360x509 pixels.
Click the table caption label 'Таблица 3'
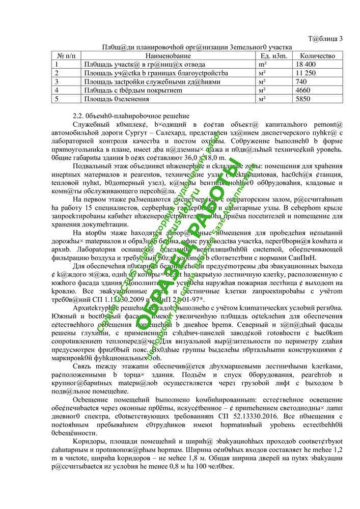click(x=326, y=39)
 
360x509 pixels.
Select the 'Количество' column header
click(x=318, y=55)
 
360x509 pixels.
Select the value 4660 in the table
click(x=303, y=90)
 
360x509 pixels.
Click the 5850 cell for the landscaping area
click(x=303, y=99)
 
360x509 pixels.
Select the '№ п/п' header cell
click(x=66, y=55)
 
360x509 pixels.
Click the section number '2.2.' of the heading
click(x=78, y=116)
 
